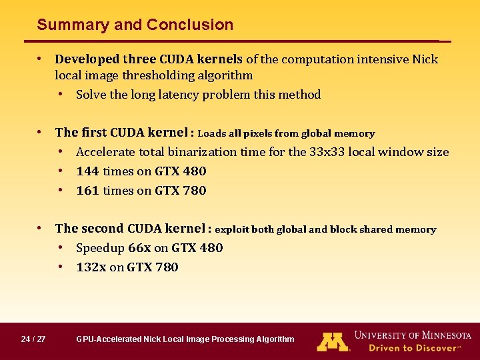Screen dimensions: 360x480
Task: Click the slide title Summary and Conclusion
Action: pos(135,25)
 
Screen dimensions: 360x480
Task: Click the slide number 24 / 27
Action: pos(33,339)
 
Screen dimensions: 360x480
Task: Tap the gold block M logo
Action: pos(333,341)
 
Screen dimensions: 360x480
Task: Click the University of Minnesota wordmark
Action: pos(413,335)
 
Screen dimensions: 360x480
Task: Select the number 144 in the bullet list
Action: pos(88,171)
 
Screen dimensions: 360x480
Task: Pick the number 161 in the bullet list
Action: pos(88,191)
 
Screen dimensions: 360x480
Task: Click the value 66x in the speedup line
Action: pos(139,248)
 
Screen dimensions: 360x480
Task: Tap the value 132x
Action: pos(91,267)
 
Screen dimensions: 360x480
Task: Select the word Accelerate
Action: pos(103,152)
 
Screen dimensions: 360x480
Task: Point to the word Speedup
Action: pos(101,248)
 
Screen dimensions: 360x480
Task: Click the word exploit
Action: pos(231,230)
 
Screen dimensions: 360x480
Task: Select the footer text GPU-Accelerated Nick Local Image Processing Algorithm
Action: pos(185,339)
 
